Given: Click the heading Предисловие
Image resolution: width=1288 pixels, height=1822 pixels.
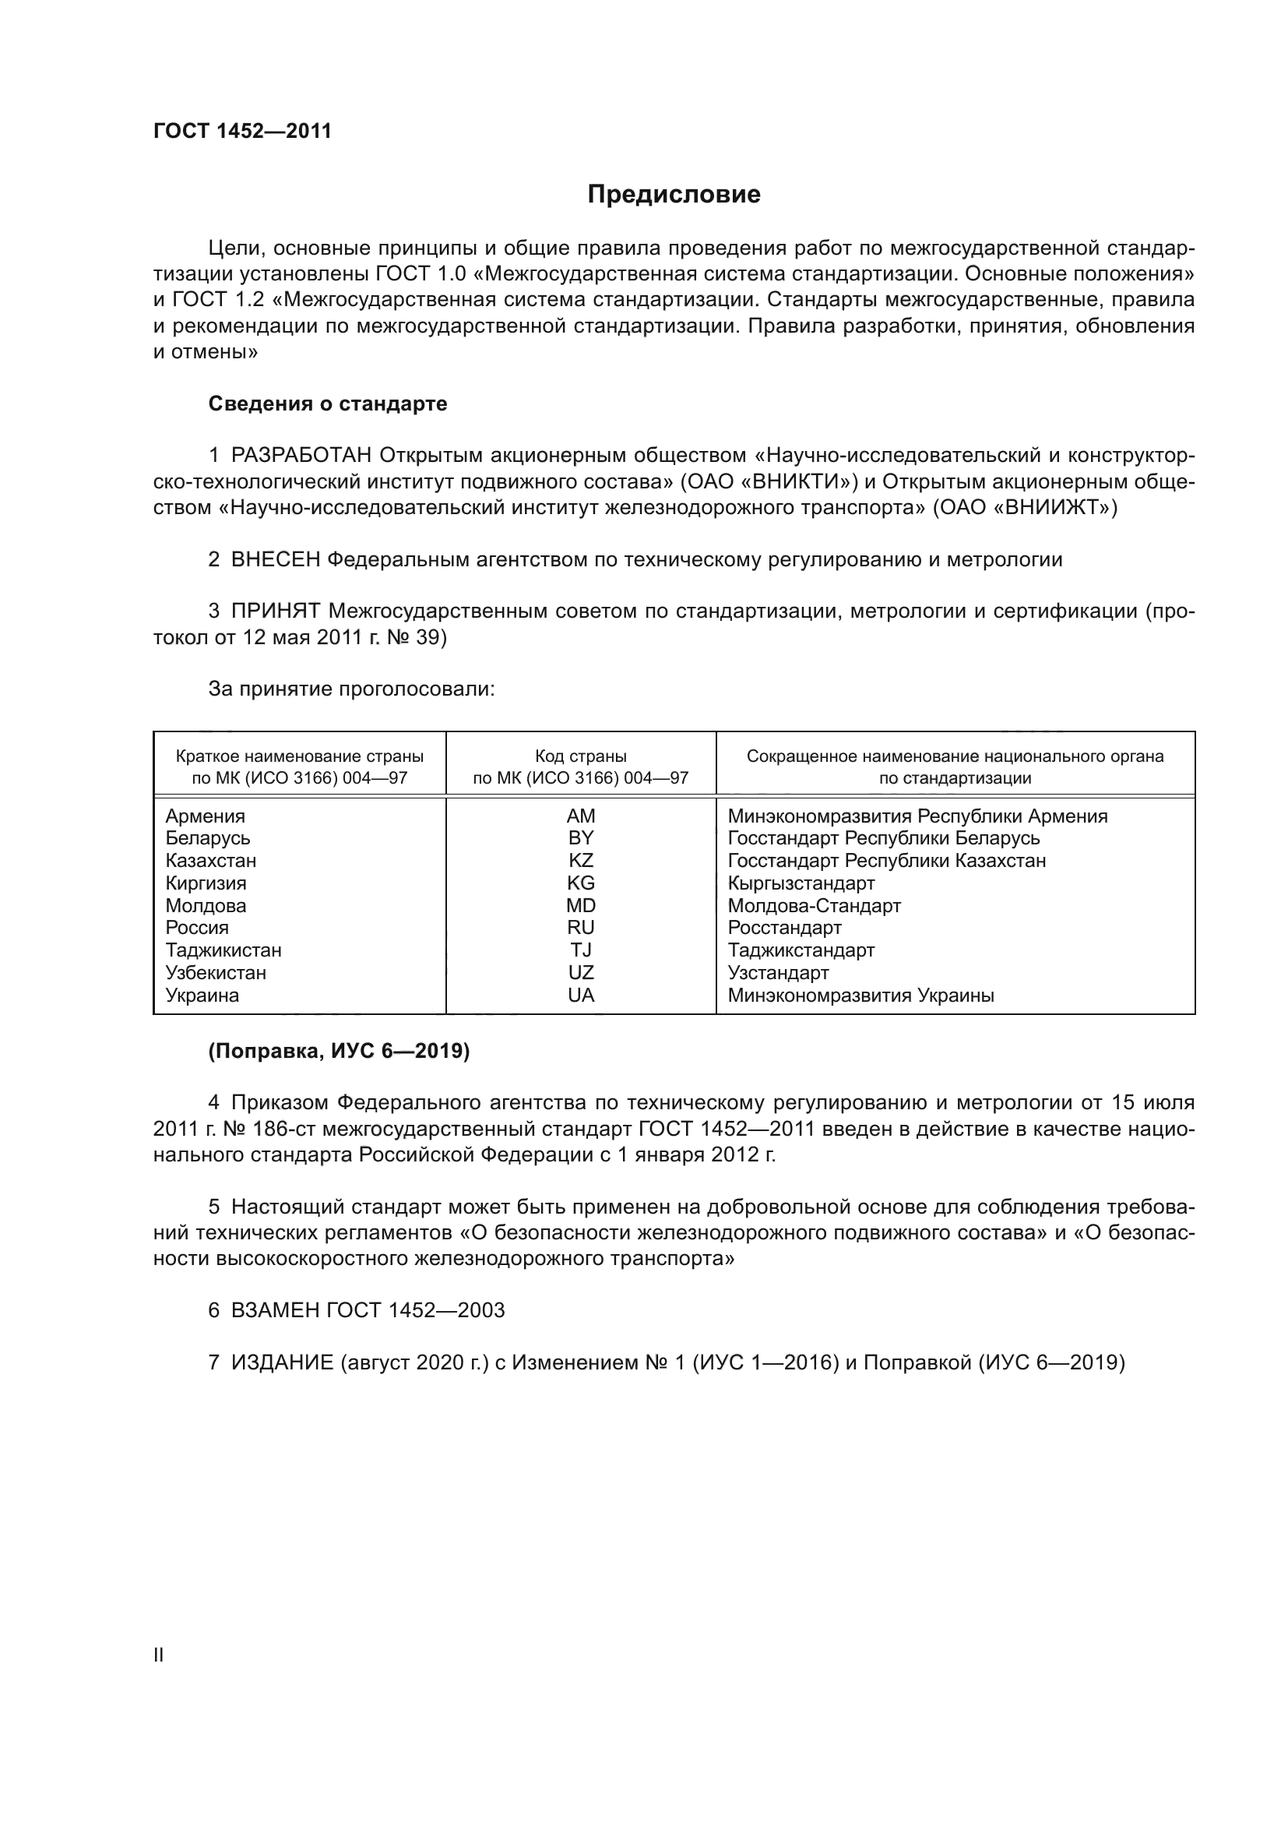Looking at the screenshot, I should click(674, 195).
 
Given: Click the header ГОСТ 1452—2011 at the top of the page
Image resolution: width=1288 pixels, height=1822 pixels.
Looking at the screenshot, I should click(242, 132).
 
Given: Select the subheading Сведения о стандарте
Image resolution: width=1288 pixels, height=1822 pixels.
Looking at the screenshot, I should click(328, 404).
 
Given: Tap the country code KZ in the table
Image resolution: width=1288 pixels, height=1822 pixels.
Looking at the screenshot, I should click(581, 861).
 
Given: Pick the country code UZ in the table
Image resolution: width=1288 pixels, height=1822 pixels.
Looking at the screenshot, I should click(581, 973).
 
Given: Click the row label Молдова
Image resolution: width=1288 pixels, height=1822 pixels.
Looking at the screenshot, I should click(206, 906).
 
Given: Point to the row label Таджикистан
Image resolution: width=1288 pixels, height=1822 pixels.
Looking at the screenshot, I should click(223, 950).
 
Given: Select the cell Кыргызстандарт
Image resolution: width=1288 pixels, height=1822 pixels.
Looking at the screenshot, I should click(801, 883).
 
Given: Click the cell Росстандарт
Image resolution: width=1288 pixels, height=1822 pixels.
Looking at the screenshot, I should click(784, 929).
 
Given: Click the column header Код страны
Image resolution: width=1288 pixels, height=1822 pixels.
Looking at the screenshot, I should click(581, 757).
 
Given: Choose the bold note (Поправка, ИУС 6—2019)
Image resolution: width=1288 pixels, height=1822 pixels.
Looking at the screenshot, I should click(339, 1052).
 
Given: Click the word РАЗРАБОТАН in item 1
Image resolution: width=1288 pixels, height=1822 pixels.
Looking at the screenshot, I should click(301, 456).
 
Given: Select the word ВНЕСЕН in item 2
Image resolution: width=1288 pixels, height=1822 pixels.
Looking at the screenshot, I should click(276, 560).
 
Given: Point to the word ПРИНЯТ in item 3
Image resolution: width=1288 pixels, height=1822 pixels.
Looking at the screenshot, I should click(276, 611).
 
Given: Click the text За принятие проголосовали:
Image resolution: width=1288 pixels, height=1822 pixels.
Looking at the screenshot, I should click(351, 689).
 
